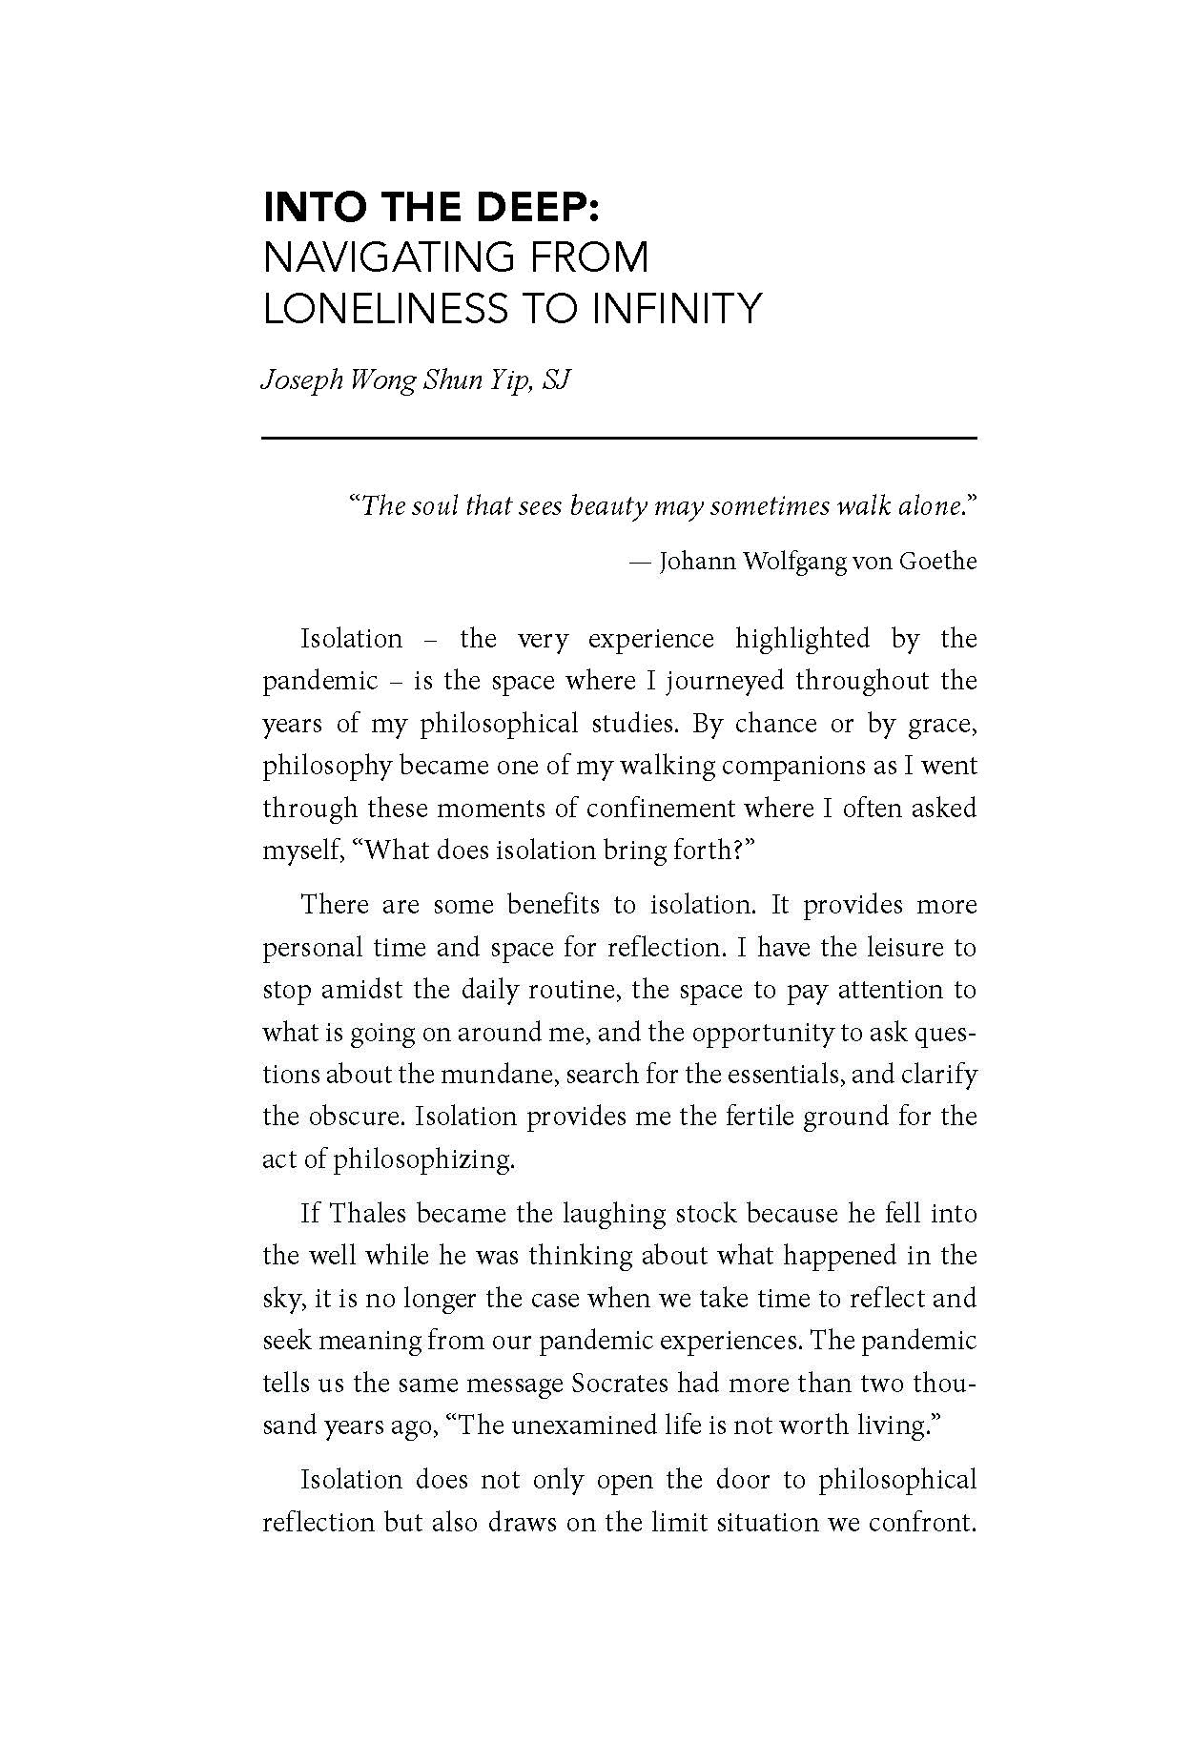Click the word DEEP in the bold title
(526, 207)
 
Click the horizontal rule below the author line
(620, 438)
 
